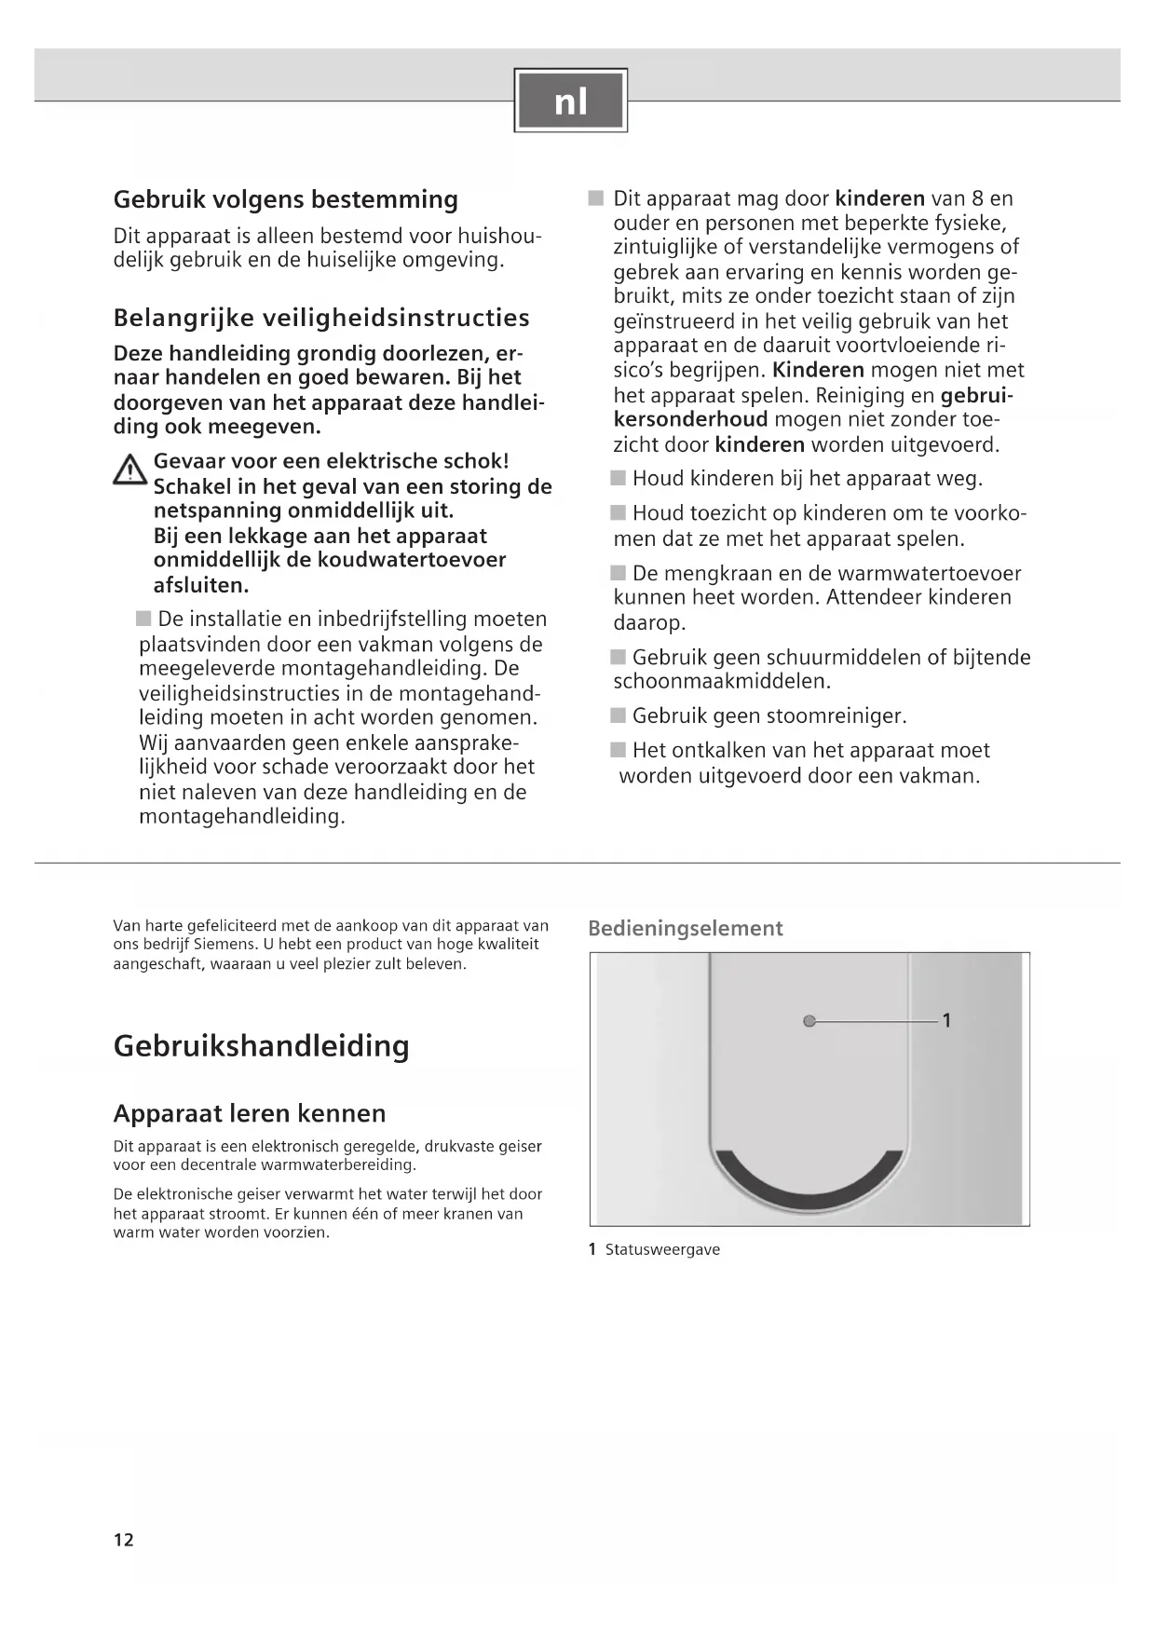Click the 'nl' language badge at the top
coord(570,100)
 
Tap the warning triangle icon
coord(129,470)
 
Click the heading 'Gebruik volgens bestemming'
coord(285,199)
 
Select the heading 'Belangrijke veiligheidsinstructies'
coord(321,318)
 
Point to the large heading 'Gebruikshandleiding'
coord(261,1045)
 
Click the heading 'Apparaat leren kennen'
coord(249,1113)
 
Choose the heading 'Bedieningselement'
coord(685,928)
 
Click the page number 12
coord(124,1540)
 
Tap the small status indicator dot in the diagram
coord(809,1021)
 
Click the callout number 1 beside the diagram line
coord(946,1020)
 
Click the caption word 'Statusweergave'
coord(662,1249)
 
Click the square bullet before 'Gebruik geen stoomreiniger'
coord(619,715)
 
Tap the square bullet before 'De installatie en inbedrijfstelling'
coord(143,619)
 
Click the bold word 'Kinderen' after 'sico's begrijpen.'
coord(818,370)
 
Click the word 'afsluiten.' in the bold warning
coord(201,585)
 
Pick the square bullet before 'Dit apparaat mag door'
coord(596,198)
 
